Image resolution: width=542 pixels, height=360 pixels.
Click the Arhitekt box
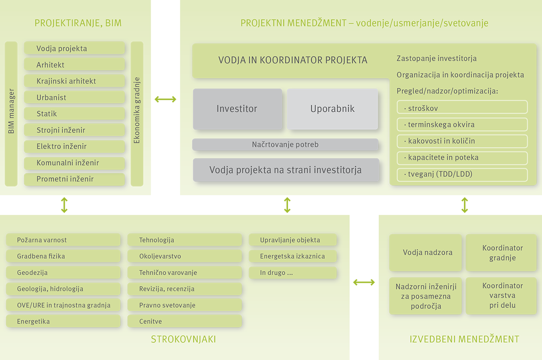pyautogui.click(x=74, y=64)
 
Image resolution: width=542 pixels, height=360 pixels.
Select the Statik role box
pyautogui.click(x=74, y=113)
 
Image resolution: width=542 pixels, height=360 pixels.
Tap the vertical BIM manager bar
pyautogui.click(x=11, y=114)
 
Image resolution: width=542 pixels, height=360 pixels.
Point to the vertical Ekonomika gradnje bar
pyautogui.click(x=137, y=114)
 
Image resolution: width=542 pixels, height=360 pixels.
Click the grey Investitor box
pyautogui.click(x=237, y=109)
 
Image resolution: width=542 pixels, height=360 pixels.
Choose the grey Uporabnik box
pyautogui.click(x=332, y=109)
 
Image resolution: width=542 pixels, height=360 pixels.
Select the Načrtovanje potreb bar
pyautogui.click(x=285, y=144)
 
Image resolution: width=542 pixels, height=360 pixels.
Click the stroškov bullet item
pyautogui.click(x=462, y=107)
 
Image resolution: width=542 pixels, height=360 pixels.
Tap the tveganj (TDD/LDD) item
pyautogui.click(x=462, y=175)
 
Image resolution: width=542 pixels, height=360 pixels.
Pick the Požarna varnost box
pyautogui.click(x=63, y=240)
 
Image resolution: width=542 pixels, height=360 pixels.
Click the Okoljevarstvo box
pyautogui.click(x=185, y=256)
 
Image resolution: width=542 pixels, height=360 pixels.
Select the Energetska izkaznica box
pyautogui.click(x=292, y=256)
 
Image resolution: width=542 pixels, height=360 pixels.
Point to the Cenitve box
pyautogui.click(x=185, y=321)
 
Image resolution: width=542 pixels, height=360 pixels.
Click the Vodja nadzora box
pyautogui.click(x=425, y=252)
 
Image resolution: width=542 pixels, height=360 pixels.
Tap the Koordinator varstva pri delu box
pyautogui.click(x=501, y=296)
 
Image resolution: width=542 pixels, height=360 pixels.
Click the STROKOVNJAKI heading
pyautogui.click(x=183, y=339)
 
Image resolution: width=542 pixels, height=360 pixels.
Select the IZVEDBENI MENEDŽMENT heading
pyautogui.click(x=464, y=339)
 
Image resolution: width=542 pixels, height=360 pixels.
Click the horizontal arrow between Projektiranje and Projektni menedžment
pyautogui.click(x=166, y=99)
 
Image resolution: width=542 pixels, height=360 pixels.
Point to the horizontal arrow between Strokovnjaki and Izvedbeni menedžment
pyautogui.click(x=364, y=282)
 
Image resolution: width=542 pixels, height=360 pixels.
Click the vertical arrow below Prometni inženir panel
pyautogui.click(x=64, y=205)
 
